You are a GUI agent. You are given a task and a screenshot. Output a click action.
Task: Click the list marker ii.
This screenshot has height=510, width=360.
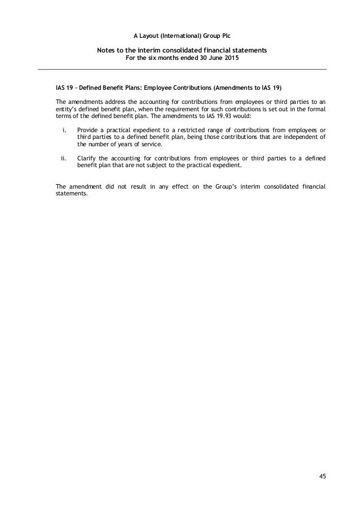pyautogui.click(x=64, y=159)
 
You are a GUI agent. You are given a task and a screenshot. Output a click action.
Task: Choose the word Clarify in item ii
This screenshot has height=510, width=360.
pyautogui.click(x=87, y=159)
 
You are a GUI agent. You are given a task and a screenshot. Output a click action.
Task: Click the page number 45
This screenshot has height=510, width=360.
pyautogui.click(x=322, y=476)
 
